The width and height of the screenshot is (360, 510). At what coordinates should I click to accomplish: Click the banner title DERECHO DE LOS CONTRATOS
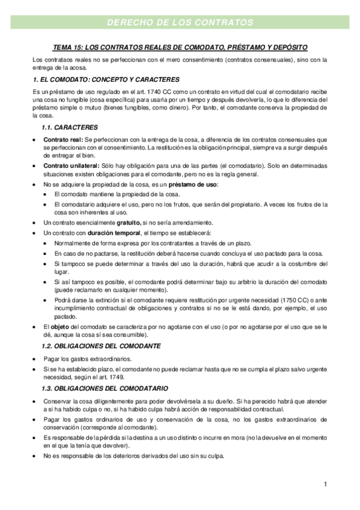point(180,23)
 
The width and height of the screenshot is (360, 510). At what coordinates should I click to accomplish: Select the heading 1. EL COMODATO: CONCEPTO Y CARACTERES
point(106,79)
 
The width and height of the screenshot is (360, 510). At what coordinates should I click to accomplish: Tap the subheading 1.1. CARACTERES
point(66,127)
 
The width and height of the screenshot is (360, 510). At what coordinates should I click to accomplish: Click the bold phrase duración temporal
point(113,233)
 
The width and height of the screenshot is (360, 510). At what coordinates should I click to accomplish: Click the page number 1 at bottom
point(325,484)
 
